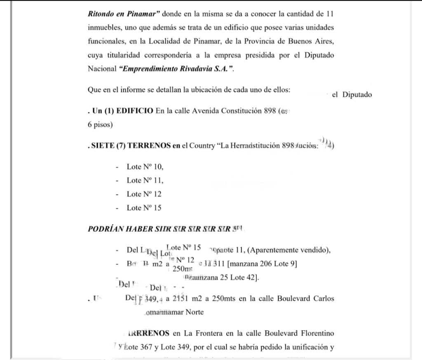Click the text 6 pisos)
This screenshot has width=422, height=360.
click(x=100, y=125)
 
